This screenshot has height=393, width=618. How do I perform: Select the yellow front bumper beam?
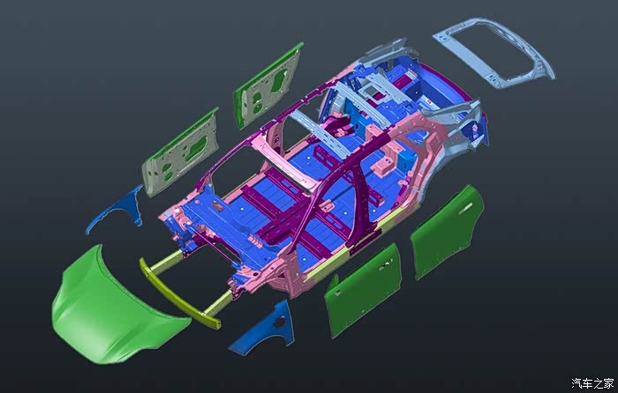point(179,294)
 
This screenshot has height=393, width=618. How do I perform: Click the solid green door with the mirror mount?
point(363,289)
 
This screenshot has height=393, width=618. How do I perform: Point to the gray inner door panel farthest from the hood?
point(268,85)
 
